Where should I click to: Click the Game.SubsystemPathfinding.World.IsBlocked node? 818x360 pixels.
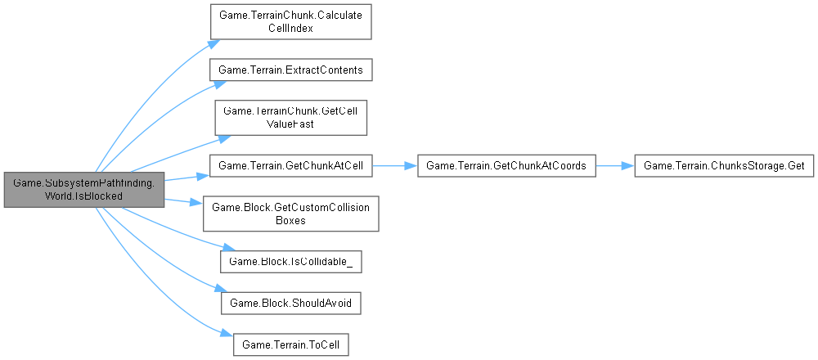coord(84,190)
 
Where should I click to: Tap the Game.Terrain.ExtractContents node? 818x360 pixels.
coord(291,70)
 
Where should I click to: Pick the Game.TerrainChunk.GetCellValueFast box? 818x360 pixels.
coord(291,118)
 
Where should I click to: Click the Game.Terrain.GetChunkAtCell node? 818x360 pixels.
coord(291,166)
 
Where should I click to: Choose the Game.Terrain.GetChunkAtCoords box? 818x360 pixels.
coord(506,166)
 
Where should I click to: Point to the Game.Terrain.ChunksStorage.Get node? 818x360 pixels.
coord(724,166)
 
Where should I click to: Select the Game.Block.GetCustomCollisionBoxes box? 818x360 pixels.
coord(291,214)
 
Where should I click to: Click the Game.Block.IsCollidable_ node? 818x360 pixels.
coord(291,261)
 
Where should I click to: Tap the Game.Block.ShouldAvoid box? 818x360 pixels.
coord(291,303)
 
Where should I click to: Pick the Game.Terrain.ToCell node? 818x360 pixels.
coord(291,344)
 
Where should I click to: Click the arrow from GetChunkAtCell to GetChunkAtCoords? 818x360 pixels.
coord(394,166)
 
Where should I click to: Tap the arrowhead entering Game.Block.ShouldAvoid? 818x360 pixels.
coord(218,289)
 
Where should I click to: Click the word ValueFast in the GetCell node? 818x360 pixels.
coord(291,124)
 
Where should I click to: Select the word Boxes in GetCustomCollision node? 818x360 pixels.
coord(291,220)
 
